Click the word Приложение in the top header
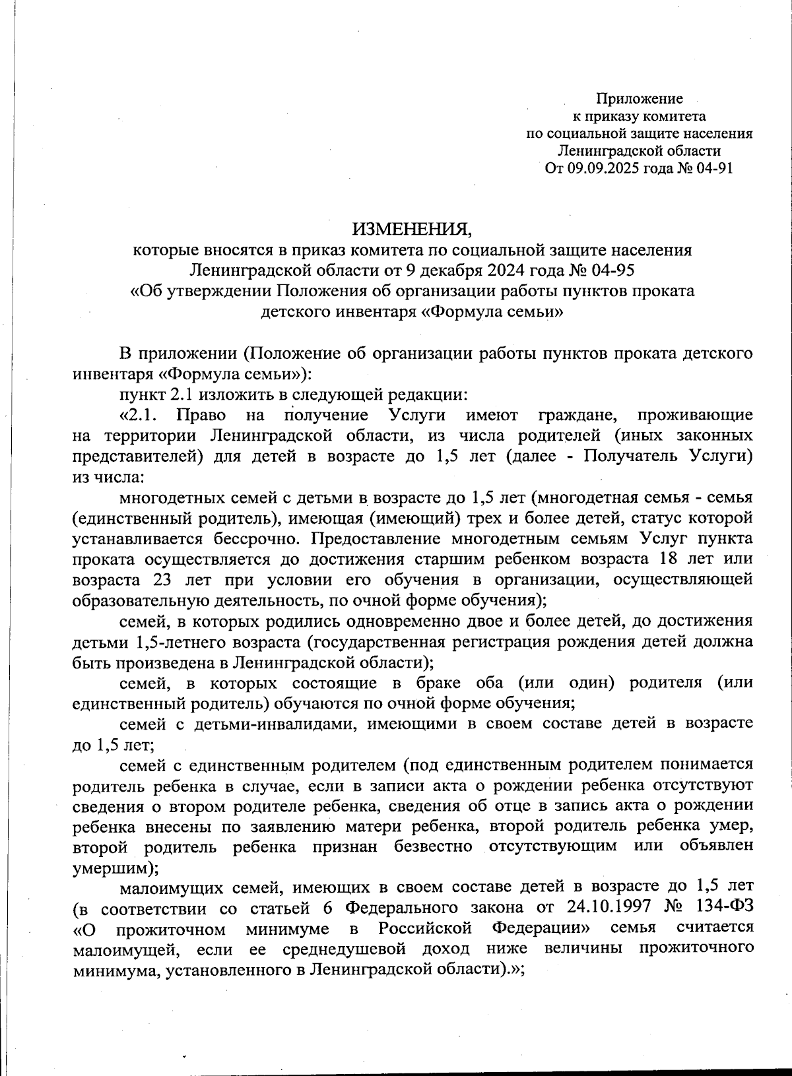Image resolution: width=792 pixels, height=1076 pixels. [x=639, y=99]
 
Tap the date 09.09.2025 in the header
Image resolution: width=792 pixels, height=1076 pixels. [x=599, y=168]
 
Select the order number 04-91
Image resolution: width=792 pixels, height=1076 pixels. [x=713, y=168]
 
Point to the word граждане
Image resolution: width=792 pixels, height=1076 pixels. [x=578, y=416]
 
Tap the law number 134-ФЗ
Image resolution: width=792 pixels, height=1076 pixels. [x=721, y=908]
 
